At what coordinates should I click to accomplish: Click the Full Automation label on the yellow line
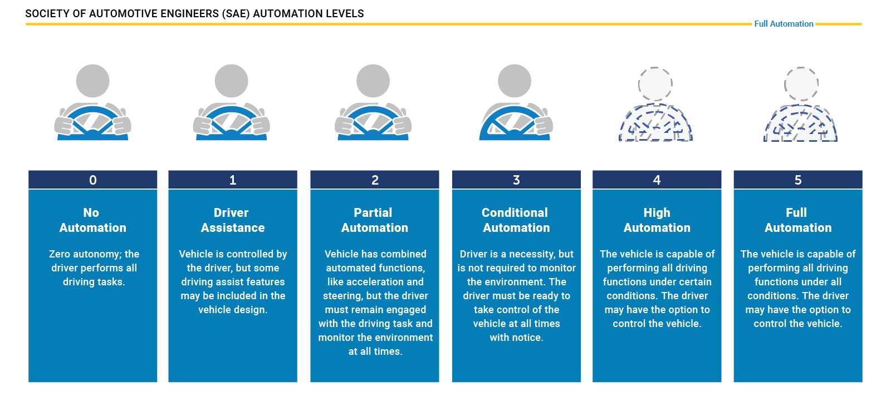[x=784, y=24]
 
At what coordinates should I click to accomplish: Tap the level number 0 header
[x=93, y=180]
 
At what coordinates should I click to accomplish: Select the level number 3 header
[x=516, y=180]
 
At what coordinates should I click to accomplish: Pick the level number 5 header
[x=798, y=180]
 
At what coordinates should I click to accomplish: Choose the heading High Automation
[x=657, y=220]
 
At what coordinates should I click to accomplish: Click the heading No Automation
[x=93, y=220]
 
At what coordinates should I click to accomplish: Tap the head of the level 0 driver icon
[x=93, y=81]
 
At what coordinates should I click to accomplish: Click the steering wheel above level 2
[x=373, y=122]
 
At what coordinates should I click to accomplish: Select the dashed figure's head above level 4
[x=655, y=84]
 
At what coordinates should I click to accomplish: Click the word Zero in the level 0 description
[x=60, y=254]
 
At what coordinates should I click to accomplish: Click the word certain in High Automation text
[x=694, y=282]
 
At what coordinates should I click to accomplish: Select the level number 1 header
[x=233, y=180]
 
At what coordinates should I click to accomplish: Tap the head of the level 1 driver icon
[x=232, y=81]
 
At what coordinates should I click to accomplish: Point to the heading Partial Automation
[x=375, y=220]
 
